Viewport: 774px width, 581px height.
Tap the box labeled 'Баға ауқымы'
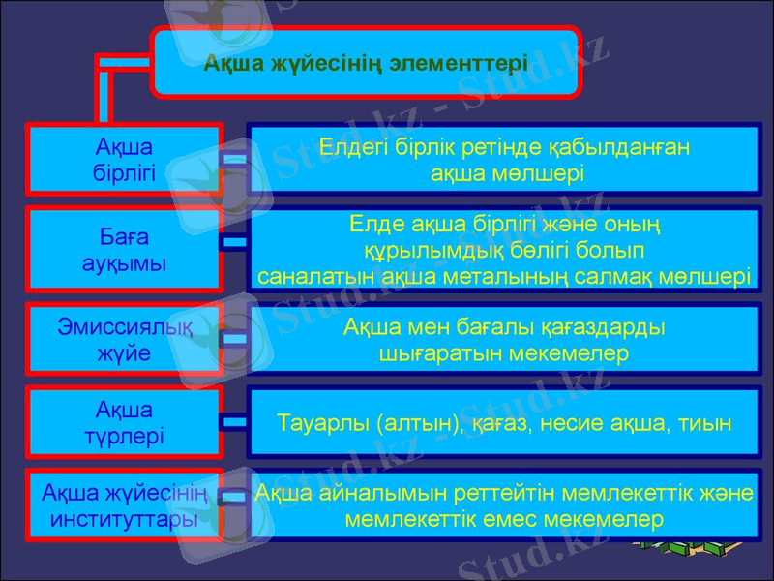(x=124, y=250)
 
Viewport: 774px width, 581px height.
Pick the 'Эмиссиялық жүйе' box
(x=124, y=340)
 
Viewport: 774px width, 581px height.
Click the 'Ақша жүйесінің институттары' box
(x=124, y=505)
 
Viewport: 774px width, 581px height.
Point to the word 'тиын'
(x=707, y=423)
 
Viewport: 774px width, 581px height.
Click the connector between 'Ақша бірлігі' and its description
(x=234, y=158)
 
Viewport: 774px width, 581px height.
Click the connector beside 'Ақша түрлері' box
(x=234, y=422)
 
